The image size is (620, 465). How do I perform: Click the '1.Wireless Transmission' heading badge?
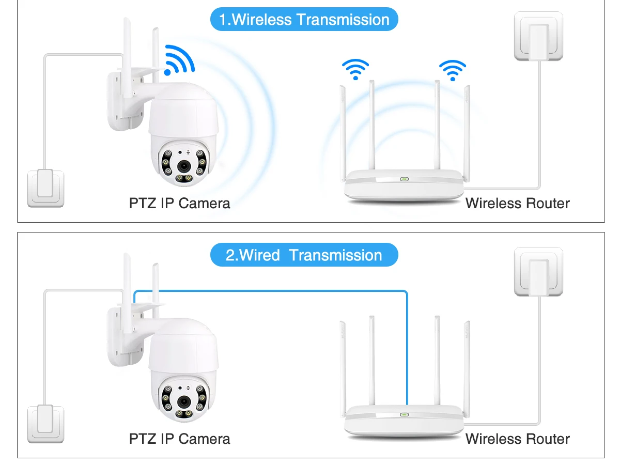tap(304, 20)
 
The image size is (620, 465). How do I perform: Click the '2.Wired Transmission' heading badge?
tap(304, 255)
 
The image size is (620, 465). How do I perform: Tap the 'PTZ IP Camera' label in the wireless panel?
tap(179, 203)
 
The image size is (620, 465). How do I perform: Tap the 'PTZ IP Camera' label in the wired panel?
tap(179, 439)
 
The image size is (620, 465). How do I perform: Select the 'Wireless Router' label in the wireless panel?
tap(517, 203)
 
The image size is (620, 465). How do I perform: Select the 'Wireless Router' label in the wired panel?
tap(517, 439)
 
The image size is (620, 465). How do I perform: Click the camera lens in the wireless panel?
tap(183, 166)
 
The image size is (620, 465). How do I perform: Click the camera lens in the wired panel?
tap(183, 402)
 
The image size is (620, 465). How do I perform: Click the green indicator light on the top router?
tap(404, 180)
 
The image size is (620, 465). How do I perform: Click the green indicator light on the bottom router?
tap(404, 415)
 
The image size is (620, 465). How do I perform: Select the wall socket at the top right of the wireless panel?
tap(538, 36)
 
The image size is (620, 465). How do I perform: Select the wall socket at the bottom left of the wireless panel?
tap(45, 189)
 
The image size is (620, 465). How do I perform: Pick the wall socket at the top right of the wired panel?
tap(538, 272)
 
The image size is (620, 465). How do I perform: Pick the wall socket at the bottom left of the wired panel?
tap(45, 424)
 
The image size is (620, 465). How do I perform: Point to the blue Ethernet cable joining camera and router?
tap(269, 291)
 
